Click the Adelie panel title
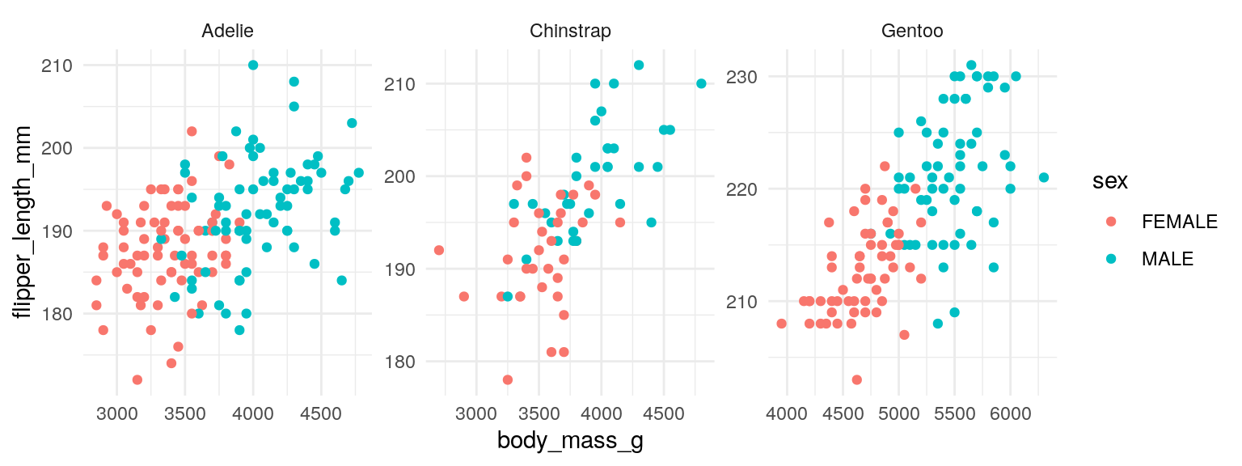[x=227, y=32]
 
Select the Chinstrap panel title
[x=570, y=32]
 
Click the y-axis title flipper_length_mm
[x=24, y=222]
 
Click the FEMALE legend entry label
[x=1179, y=222]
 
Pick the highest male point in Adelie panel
[x=253, y=65]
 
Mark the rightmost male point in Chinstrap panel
[x=701, y=83]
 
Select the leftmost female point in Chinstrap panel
[x=439, y=250]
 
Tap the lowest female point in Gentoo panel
[x=857, y=379]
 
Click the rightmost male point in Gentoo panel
[x=1044, y=177]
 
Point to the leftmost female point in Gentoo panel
[x=781, y=324]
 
